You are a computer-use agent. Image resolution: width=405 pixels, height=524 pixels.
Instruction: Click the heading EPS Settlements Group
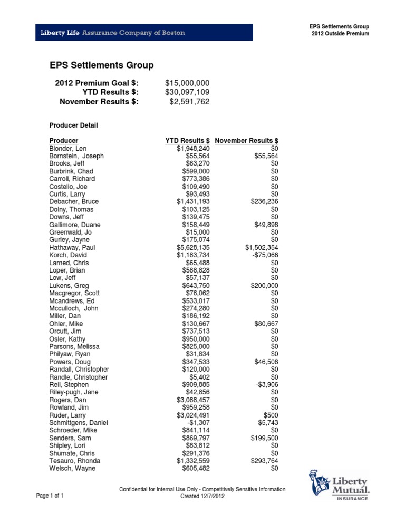pos(101,65)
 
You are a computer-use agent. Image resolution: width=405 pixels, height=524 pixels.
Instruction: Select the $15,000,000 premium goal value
pos(187,83)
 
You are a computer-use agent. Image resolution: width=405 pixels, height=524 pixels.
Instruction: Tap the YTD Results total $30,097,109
pos(187,92)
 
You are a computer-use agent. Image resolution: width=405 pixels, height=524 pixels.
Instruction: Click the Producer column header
pos(63,141)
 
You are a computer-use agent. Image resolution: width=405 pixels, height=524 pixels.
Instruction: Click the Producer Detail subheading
pos(73,125)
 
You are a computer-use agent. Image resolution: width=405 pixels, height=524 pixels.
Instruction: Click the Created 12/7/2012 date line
pos(203,497)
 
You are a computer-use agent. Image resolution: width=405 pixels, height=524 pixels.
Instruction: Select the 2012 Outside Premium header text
pos(340,34)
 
